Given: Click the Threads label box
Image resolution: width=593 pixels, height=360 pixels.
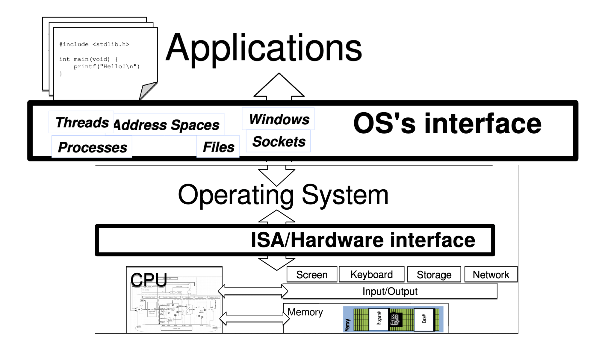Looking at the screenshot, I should pos(81,122).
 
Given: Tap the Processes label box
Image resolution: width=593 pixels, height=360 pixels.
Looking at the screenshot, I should pos(92,147).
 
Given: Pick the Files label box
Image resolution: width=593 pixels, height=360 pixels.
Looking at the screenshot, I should pos(218,147).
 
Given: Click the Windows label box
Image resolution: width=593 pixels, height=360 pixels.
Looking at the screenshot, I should pos(279,119).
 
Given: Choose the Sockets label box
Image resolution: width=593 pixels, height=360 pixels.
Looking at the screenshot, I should pos(279,142).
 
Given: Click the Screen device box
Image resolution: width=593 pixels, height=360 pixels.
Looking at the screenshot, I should pos(312,275).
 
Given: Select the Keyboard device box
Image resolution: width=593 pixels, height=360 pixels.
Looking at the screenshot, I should pos(371,274).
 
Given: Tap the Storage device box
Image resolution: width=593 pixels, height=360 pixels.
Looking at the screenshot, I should pos(434,275).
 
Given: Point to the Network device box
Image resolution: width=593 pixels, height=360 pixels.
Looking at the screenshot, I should pos(491,275).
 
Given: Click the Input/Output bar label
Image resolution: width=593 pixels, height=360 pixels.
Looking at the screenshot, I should pos(390,291).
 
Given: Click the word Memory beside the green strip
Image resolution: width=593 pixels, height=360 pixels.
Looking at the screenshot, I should pos(305,312).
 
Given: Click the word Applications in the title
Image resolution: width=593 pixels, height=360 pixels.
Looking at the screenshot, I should pos(264,48).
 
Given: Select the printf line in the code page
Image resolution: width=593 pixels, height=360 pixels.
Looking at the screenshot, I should pos(107,66).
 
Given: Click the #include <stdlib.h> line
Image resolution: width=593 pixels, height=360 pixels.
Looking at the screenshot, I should pos(94,44).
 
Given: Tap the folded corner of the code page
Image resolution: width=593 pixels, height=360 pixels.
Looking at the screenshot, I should pos(147,90).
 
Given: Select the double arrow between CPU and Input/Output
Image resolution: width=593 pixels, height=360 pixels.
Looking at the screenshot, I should pos(253,291).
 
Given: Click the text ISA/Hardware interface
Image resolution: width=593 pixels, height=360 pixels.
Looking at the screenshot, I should pos(363,240).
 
